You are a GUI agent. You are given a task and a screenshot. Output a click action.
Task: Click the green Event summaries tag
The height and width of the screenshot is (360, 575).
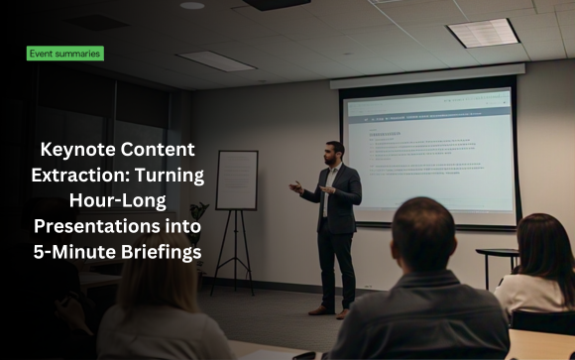click(64, 54)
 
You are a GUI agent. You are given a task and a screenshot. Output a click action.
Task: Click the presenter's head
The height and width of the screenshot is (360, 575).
click(334, 151)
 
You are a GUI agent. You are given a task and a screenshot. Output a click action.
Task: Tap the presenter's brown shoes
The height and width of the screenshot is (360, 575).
click(331, 309)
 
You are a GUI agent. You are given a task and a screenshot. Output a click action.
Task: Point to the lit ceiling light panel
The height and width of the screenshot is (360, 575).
click(483, 34)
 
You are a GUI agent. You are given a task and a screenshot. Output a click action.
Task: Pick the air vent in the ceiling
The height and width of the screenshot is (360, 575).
click(217, 60)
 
